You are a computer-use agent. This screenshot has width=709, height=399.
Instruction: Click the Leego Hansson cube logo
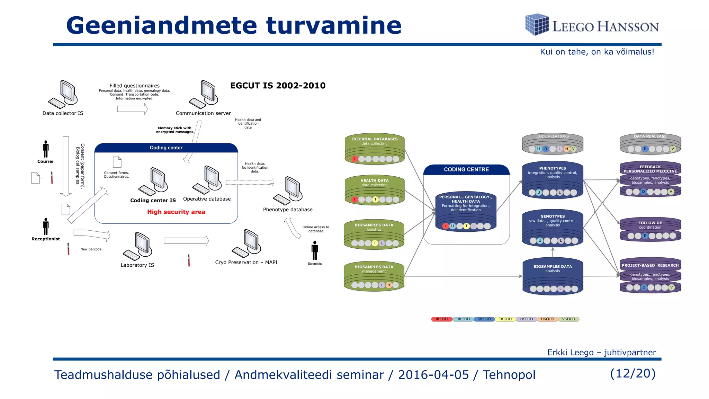537,24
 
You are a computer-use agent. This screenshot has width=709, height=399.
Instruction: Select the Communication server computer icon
204,94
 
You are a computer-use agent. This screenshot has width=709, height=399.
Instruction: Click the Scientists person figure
315,250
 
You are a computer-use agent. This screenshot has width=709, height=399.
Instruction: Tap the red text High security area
176,212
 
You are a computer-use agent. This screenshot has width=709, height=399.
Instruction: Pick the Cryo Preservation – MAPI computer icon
246,243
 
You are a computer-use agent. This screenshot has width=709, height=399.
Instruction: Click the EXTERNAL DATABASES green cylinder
375,149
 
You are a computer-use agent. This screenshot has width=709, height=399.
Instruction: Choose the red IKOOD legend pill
442,319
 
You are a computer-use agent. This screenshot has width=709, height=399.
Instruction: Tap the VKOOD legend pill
568,319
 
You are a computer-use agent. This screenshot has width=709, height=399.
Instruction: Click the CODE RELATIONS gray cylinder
553,144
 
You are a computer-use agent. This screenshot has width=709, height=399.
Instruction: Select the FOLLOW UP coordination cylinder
650,229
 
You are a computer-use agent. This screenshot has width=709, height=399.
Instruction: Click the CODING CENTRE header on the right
466,169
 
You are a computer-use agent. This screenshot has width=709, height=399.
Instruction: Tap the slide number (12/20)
633,373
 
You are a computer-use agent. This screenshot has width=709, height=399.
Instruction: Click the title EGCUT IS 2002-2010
278,86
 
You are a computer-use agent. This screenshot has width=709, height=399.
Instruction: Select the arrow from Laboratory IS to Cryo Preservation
186,240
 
